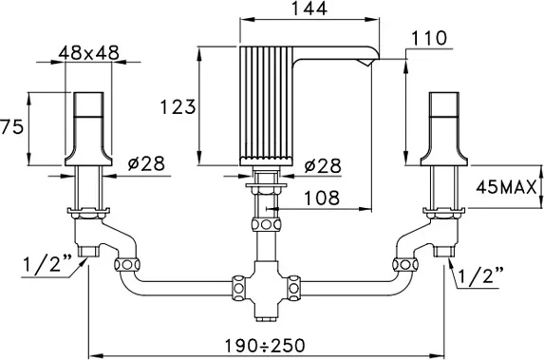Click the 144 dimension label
coord(310,9)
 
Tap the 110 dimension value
coord(429,38)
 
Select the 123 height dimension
coord(178,106)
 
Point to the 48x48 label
coord(89,53)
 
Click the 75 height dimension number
coord(12,126)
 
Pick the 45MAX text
coord(506,188)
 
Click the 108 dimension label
coord(322,198)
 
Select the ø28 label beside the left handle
coord(146,163)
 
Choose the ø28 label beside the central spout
coord(323,165)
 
